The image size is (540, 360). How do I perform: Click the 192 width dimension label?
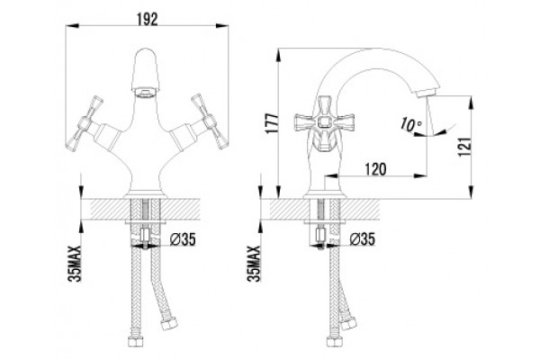click(x=147, y=20)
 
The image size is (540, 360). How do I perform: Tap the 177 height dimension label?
click(x=273, y=123)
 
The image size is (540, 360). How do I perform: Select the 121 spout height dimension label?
click(x=463, y=147)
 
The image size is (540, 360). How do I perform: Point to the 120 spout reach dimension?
click(x=375, y=169)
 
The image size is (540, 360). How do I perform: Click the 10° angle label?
click(x=411, y=124)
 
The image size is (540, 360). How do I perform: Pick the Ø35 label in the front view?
click(x=183, y=239)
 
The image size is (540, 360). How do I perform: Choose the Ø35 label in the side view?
click(x=362, y=238)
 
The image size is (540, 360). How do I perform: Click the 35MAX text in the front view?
click(x=75, y=264)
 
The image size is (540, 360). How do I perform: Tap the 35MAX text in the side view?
click(x=254, y=264)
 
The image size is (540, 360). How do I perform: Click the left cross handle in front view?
click(x=85, y=122)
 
